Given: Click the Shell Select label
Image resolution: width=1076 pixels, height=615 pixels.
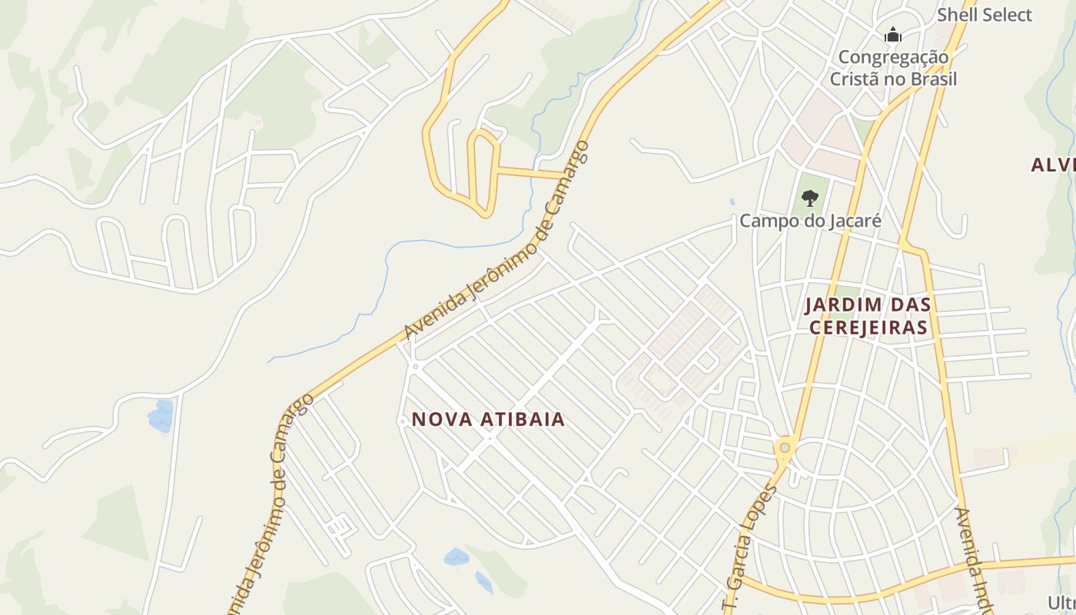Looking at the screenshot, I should pyautogui.click(x=985, y=15).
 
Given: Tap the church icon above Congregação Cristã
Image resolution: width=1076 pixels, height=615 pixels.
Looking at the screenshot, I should pyautogui.click(x=892, y=35).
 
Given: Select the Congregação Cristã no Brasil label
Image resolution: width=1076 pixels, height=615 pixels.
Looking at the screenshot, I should pyautogui.click(x=893, y=68).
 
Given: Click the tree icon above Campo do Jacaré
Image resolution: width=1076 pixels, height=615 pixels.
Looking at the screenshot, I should pyautogui.click(x=809, y=198).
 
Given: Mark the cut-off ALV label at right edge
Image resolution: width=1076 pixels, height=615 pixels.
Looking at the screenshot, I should pyautogui.click(x=1053, y=165).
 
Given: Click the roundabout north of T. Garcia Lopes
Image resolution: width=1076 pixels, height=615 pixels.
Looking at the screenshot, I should pyautogui.click(x=784, y=447).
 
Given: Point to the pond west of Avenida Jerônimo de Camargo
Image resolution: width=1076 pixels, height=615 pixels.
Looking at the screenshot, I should pyautogui.click(x=161, y=416).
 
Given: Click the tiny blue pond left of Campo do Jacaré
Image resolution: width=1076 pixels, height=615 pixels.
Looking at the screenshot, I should pyautogui.click(x=731, y=202).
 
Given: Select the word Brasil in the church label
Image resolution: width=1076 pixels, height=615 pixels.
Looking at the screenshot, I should pyautogui.click(x=934, y=79).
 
